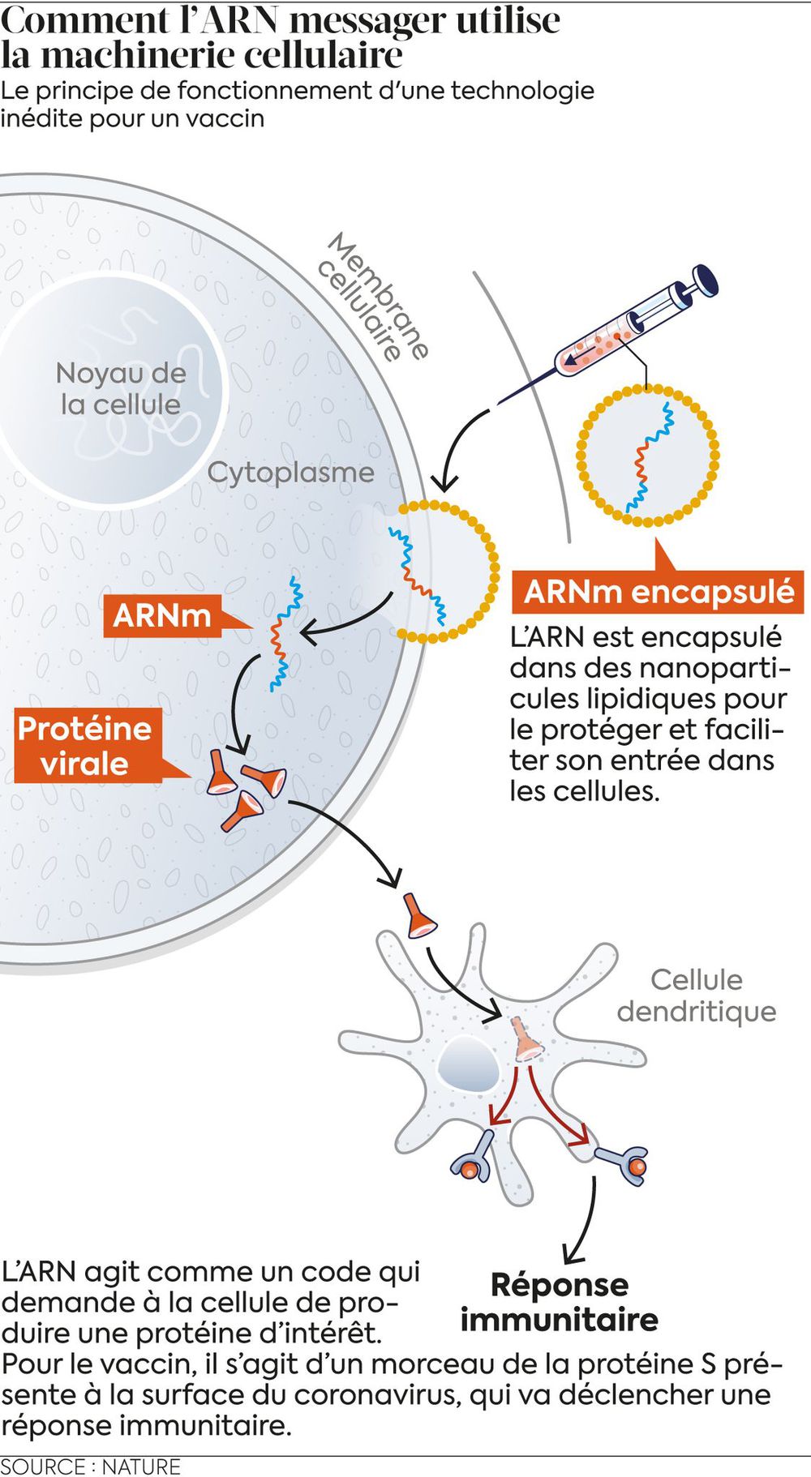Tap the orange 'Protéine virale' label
(x=85, y=746)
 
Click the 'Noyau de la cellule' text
(x=121, y=389)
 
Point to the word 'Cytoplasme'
(x=291, y=473)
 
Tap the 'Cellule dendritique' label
(x=697, y=995)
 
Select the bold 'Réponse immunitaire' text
(x=560, y=1302)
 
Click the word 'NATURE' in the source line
(x=141, y=1466)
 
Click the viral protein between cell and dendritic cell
(x=419, y=916)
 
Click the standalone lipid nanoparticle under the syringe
(x=648, y=455)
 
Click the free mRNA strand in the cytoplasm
(x=284, y=632)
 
